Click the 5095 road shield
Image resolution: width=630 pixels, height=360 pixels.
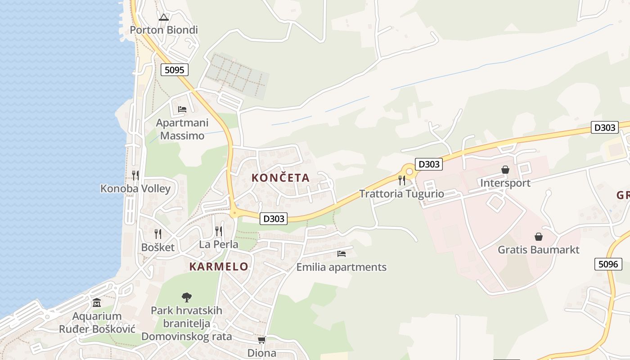175,70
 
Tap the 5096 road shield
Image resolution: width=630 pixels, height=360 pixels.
608,264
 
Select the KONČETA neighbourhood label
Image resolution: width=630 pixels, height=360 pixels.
280,178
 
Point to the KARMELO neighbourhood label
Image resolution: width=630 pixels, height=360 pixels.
219,266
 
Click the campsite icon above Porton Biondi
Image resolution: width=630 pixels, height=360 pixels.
164,18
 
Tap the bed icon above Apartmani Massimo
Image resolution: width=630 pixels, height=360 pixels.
182,109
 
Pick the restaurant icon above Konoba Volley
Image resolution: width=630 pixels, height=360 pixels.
135,175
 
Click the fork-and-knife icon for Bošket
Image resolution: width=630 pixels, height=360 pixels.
158,234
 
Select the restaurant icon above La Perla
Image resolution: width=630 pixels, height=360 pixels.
219,231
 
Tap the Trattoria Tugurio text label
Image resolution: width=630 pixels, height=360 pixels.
401,194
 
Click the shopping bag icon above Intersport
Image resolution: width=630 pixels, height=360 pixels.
505,170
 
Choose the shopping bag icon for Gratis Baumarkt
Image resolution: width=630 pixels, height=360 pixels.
538,236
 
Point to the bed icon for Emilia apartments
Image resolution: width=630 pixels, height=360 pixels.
342,254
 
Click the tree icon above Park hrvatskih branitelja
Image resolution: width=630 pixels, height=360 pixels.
186,297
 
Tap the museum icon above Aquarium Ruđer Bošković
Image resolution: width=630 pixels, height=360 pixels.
97,303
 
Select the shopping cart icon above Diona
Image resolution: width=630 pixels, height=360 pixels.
261,340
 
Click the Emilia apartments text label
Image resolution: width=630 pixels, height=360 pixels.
341,267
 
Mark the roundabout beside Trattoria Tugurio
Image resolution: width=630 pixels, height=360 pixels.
408,171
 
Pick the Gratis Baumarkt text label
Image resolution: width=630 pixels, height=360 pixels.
538,250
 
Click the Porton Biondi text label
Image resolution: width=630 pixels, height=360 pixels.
164,30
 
